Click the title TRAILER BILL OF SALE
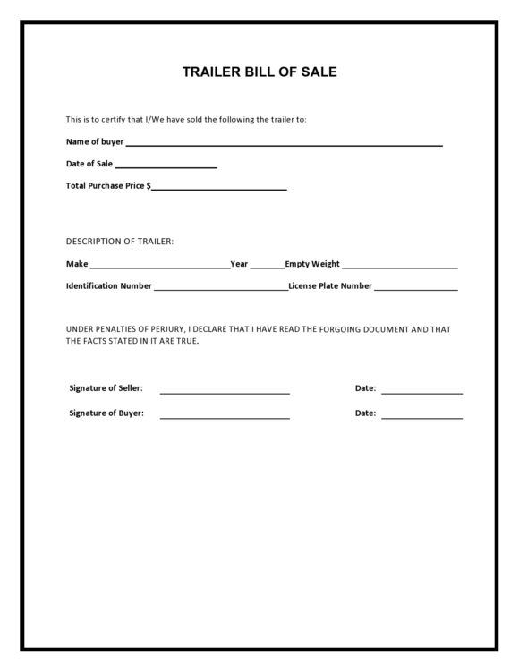pyautogui.click(x=259, y=72)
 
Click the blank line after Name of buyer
pyautogui.click(x=284, y=143)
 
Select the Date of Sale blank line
pyautogui.click(x=166, y=166)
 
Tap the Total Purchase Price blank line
pyautogui.click(x=219, y=188)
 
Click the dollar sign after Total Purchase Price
pyautogui.click(x=149, y=186)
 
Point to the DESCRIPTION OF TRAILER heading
pyautogui.click(x=120, y=242)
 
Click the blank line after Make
pyautogui.click(x=159, y=267)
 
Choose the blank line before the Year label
pyautogui.click(x=268, y=267)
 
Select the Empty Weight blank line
pyautogui.click(x=399, y=267)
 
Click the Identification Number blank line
pyautogui.click(x=220, y=289)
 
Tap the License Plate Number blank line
pyautogui.click(x=415, y=289)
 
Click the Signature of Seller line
pyautogui.click(x=225, y=392)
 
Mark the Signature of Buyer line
pyautogui.click(x=225, y=417)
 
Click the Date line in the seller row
pyautogui.click(x=421, y=392)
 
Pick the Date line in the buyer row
pyautogui.click(x=421, y=417)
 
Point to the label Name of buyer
pyautogui.click(x=95, y=141)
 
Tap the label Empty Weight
pyautogui.click(x=312, y=264)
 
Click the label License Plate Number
pyautogui.click(x=330, y=286)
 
